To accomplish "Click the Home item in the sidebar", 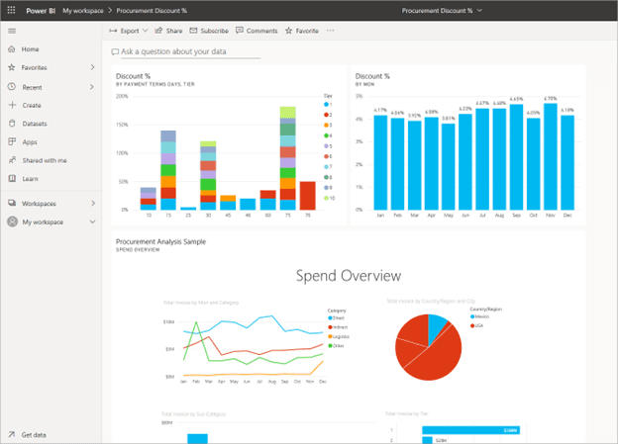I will [x=30, y=48].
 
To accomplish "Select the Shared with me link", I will [x=44, y=160].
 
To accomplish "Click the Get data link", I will [x=34, y=434].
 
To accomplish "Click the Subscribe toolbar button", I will [x=209, y=31].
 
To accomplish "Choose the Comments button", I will [x=257, y=31].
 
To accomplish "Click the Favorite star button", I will [x=302, y=31].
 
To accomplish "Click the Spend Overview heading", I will [x=348, y=276].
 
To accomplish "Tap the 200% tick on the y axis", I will [x=122, y=96].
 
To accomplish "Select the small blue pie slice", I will [x=439, y=325].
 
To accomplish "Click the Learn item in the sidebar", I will [x=30, y=179].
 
